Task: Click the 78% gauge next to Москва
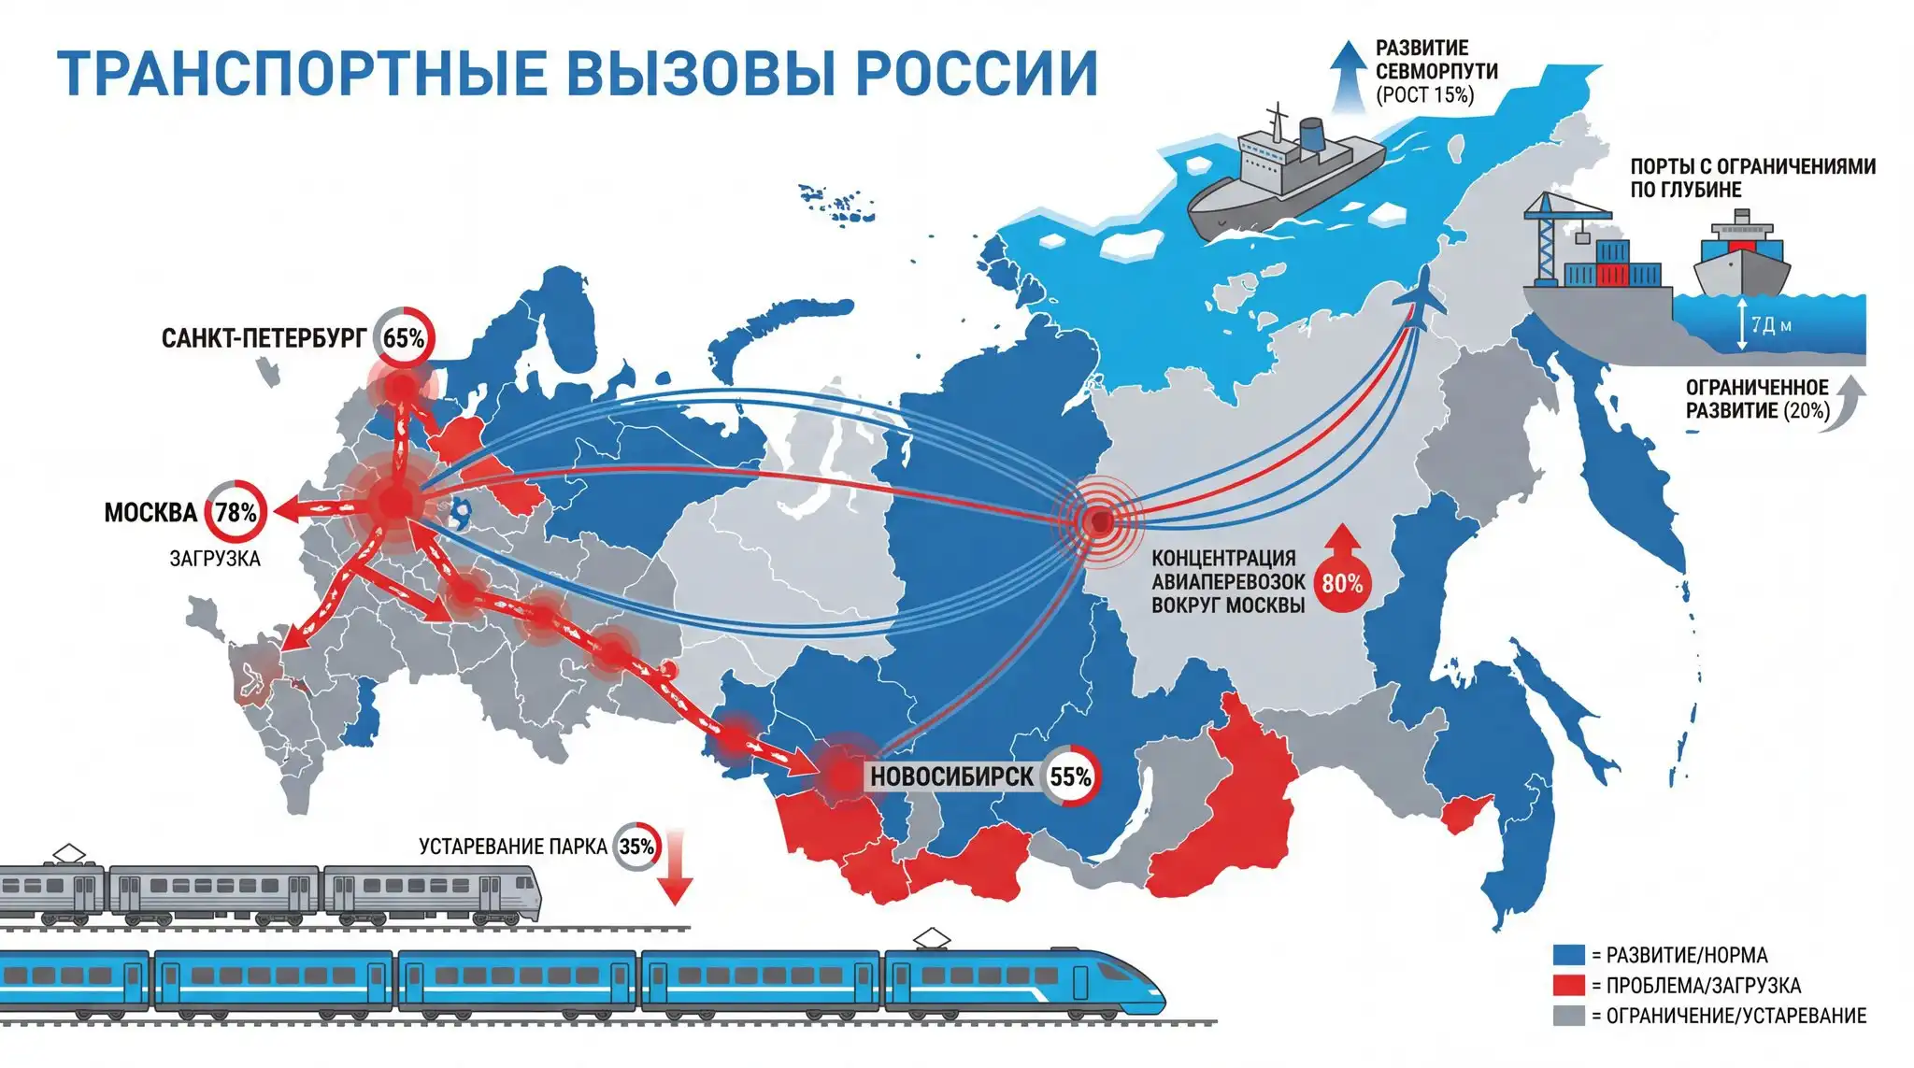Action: [x=236, y=512]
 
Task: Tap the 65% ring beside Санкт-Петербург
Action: [x=404, y=338]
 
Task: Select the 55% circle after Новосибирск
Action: [x=1070, y=776]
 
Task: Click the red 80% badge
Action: [x=1342, y=583]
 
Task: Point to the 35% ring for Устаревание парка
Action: [x=636, y=847]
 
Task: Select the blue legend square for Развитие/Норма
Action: [x=1569, y=955]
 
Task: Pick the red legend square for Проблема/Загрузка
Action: [x=1569, y=985]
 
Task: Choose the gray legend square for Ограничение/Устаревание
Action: [x=1569, y=1016]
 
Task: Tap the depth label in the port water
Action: [x=1771, y=325]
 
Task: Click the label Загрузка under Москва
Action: [x=215, y=559]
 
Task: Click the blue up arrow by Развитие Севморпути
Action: [x=1348, y=75]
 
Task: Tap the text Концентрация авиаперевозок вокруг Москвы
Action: [x=1227, y=581]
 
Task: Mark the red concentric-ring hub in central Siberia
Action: [x=1100, y=520]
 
